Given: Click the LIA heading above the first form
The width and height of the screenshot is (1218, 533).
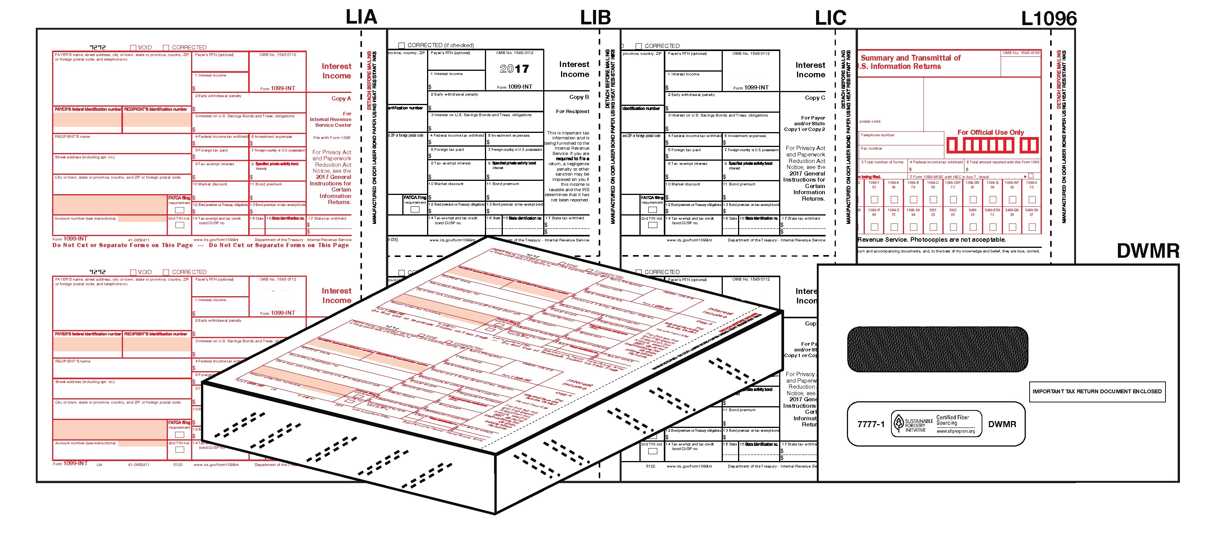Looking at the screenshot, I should pyautogui.click(x=361, y=17).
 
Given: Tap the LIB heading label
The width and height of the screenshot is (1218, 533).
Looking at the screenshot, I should pyautogui.click(x=595, y=18).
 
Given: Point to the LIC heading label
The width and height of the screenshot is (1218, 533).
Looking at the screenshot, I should pyautogui.click(x=830, y=18).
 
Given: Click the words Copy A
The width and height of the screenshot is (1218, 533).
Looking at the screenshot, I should pyautogui.click(x=341, y=98).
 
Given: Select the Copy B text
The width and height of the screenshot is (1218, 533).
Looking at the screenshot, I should pyautogui.click(x=579, y=97).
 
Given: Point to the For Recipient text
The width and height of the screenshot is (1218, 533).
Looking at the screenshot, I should pyautogui.click(x=572, y=112).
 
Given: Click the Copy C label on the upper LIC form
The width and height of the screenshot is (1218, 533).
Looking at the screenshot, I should pyautogui.click(x=815, y=98).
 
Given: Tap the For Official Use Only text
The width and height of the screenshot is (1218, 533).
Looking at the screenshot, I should pyautogui.click(x=990, y=132).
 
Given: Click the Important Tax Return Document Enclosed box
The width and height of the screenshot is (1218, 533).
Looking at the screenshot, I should pyautogui.click(x=1097, y=392).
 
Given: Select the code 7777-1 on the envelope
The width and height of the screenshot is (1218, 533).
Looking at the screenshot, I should pyautogui.click(x=870, y=424).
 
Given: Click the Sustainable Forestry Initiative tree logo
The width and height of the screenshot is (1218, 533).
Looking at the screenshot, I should pyautogui.click(x=898, y=422).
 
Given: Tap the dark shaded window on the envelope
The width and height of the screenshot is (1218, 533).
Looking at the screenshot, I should pyautogui.click(x=937, y=349).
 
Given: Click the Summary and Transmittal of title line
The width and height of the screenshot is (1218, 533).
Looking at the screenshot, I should pyautogui.click(x=910, y=58).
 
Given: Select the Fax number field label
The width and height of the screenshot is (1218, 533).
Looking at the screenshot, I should pyautogui.click(x=871, y=148).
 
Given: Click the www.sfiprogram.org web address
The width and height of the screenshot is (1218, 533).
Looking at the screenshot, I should pyautogui.click(x=956, y=431).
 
